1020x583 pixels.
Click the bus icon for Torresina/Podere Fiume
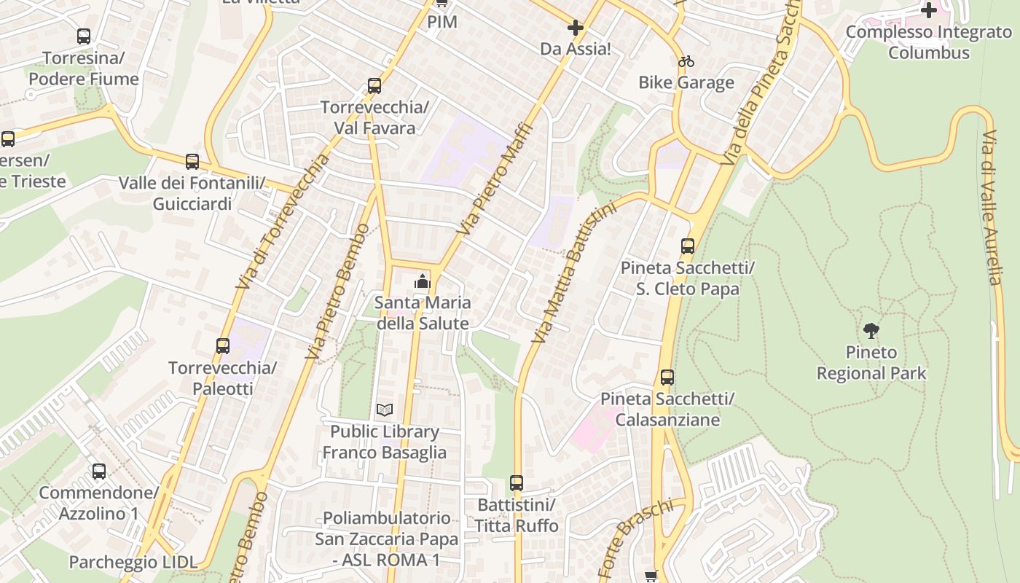point(84,36)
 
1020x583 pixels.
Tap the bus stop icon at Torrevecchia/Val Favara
point(374,86)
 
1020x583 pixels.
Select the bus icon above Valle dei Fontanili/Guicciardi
point(192,162)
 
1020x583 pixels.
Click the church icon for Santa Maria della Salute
point(422,281)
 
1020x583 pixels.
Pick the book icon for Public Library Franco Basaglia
point(385,410)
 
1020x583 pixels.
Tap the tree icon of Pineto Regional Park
point(871,331)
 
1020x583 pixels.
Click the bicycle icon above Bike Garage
point(686,61)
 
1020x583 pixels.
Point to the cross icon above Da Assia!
point(575,28)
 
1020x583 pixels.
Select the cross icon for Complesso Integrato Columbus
point(929,10)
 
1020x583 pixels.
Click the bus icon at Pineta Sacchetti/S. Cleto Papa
point(688,246)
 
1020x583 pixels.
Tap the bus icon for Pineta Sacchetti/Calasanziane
point(667,377)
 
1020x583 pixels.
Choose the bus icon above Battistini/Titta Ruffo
point(517,482)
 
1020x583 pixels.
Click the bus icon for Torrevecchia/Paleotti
point(223,346)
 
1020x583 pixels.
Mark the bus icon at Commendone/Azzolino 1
point(99,472)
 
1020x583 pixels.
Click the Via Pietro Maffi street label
point(495,179)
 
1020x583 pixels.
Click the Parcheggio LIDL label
point(133,562)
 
